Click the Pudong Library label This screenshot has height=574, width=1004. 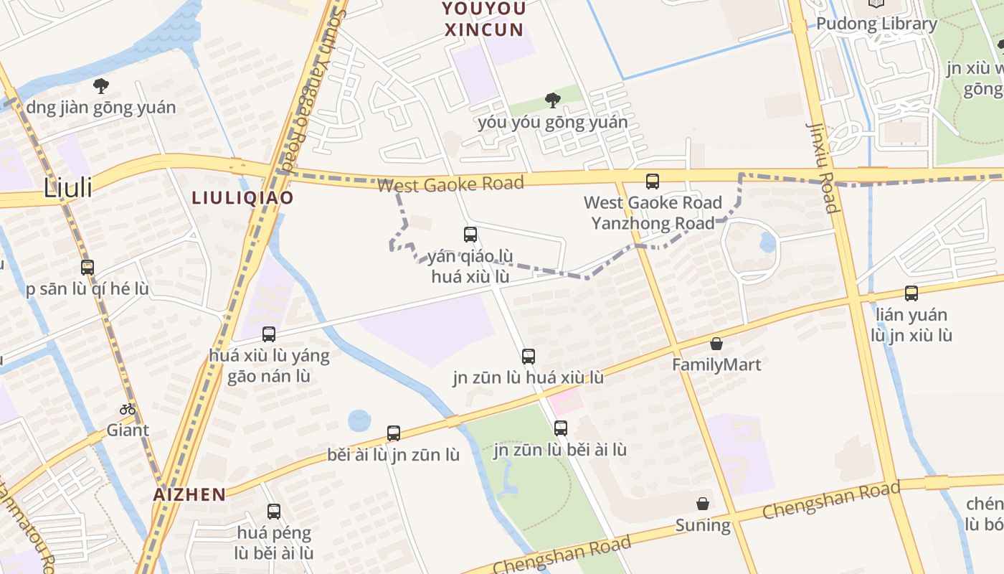876,24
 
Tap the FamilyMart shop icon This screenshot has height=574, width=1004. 716,344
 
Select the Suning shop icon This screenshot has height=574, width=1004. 703,504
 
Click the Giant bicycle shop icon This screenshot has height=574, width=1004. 128,410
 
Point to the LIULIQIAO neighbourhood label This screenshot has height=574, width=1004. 242,197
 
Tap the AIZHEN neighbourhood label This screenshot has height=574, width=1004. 189,494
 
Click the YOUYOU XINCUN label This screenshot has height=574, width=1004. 484,19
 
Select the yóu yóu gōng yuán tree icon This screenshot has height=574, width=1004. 552,100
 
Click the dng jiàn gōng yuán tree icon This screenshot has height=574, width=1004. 101,86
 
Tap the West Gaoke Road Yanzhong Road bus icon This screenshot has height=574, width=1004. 653,182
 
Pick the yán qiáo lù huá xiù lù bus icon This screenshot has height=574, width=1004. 470,235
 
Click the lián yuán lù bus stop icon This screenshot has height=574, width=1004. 911,293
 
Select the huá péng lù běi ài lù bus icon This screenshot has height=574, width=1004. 274,512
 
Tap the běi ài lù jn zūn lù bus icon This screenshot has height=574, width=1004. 394,433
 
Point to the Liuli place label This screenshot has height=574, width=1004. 68,188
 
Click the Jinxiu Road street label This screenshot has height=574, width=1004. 822,168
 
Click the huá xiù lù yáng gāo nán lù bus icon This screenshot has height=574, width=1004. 269,334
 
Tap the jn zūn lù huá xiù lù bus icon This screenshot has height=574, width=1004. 529,356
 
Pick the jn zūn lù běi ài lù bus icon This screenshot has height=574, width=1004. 561,428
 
